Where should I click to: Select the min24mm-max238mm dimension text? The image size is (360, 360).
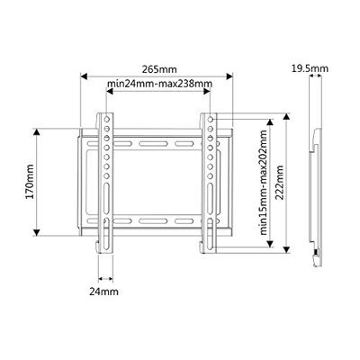159,84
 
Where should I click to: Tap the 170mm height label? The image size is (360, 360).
30,182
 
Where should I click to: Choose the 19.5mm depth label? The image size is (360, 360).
310,67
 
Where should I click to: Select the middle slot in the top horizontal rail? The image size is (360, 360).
158,143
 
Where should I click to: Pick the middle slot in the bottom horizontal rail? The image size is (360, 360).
158,220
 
